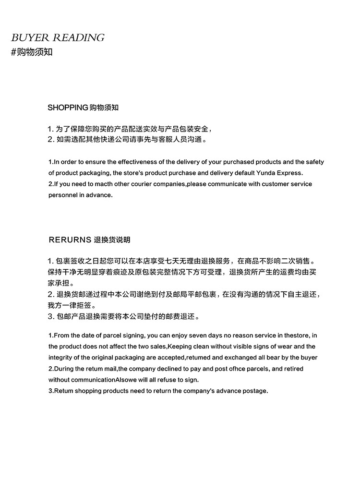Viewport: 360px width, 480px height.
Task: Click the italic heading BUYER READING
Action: pyautogui.click(x=58, y=38)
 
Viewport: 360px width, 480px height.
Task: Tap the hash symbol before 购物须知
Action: pyautogui.click(x=13, y=52)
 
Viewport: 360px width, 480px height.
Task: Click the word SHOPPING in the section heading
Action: pyautogui.click(x=68, y=108)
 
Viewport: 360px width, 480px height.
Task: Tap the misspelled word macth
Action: pyautogui.click(x=108, y=184)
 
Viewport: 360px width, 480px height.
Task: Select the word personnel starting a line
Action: pyautogui.click(x=62, y=195)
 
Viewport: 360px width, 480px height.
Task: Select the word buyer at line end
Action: pyautogui.click(x=309, y=358)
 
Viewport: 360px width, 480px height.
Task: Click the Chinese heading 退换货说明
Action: pyautogui.click(x=112, y=240)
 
